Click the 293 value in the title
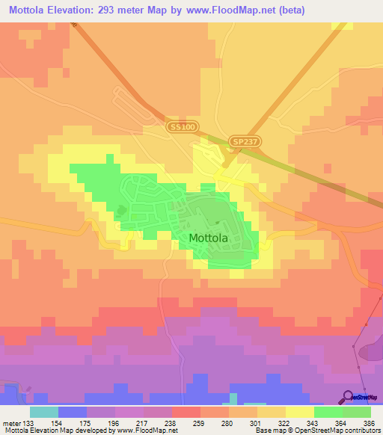130,9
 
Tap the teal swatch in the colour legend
44,412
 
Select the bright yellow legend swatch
299,412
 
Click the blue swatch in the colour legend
73,412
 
